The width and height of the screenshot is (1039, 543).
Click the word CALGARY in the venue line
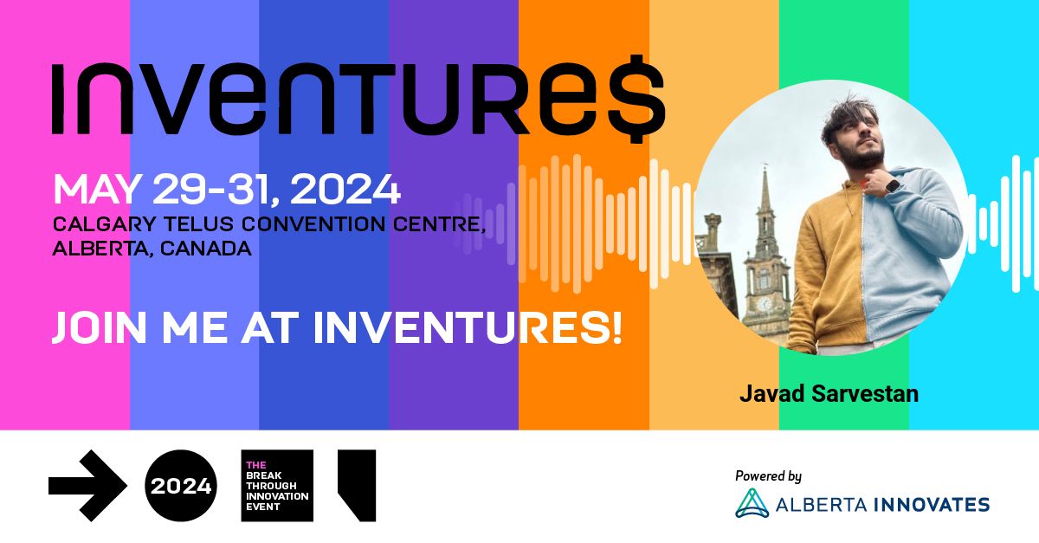(x=96, y=224)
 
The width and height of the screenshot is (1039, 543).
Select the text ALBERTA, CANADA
(x=152, y=249)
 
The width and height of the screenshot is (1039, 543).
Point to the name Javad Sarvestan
(x=829, y=393)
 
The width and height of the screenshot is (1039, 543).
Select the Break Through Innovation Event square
(x=276, y=486)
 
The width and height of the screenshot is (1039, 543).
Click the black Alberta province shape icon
(x=357, y=484)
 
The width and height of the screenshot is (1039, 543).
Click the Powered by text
(x=768, y=475)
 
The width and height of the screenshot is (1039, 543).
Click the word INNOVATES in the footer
(x=939, y=504)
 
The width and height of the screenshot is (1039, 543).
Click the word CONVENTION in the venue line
(x=328, y=224)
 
